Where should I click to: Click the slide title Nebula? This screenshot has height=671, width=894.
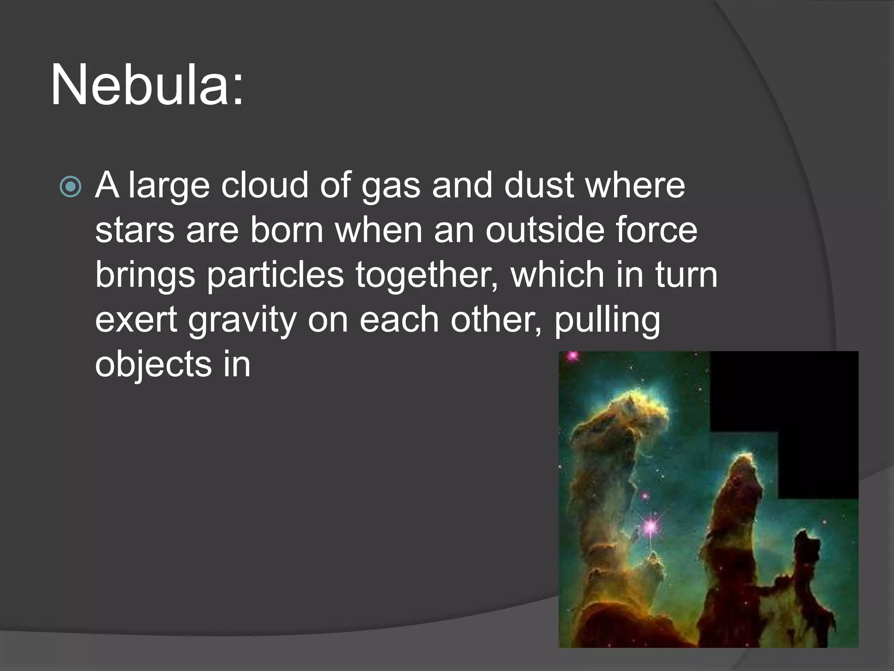coord(147,85)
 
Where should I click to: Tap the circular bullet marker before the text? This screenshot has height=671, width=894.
coord(70,187)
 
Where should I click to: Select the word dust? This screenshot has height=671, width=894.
coord(539,185)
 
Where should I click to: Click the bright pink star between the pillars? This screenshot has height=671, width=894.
coord(650,526)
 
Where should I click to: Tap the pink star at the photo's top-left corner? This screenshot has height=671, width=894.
coord(572,356)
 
